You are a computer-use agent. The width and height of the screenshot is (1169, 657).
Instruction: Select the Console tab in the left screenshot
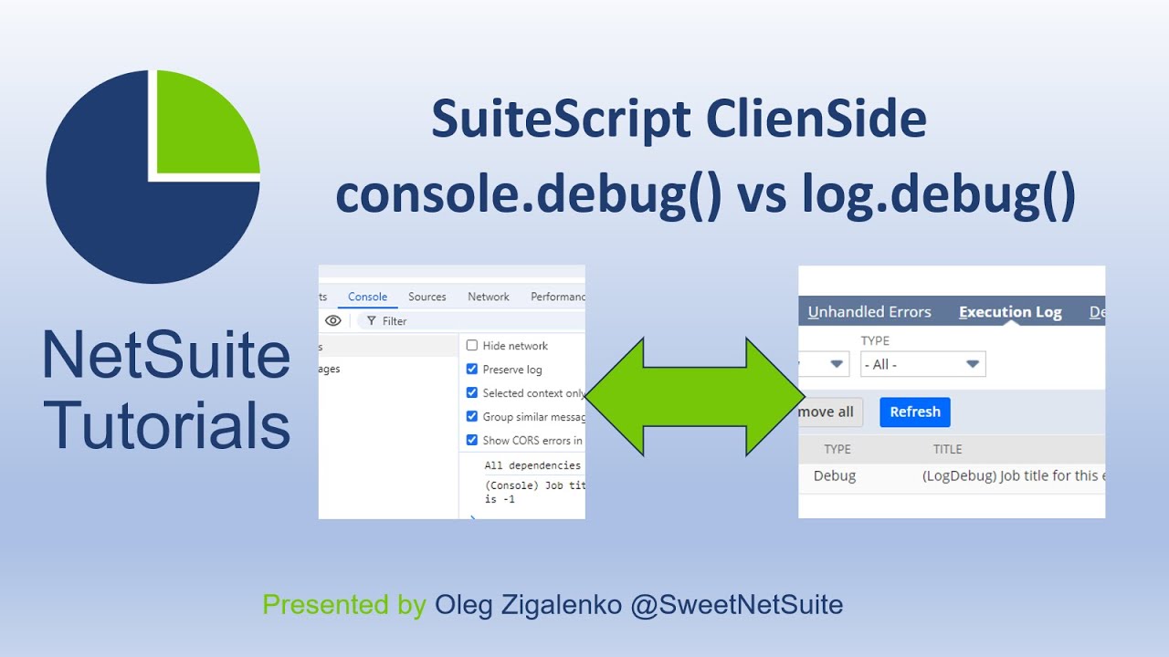[x=367, y=297]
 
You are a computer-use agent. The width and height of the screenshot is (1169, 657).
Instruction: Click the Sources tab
[x=427, y=297]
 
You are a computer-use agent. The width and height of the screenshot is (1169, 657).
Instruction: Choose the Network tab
[x=489, y=297]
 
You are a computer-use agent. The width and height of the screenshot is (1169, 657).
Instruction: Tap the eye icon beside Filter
[x=333, y=321]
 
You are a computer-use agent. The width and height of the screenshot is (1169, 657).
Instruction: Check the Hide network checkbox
[x=472, y=346]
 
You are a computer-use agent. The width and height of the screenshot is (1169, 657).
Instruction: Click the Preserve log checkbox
[x=472, y=370]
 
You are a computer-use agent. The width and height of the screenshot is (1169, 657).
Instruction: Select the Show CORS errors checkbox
[x=472, y=440]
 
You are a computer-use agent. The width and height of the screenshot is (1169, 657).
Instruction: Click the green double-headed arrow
[x=694, y=397]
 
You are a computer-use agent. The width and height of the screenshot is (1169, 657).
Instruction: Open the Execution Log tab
[x=1010, y=312]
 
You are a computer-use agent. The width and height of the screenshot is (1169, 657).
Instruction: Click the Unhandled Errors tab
[x=869, y=312]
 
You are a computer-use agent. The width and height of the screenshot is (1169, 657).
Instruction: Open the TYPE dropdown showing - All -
[x=922, y=364]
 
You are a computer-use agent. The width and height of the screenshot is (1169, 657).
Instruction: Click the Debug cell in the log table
[x=835, y=475]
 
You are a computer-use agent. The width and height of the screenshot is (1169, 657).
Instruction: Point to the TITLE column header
[x=947, y=449]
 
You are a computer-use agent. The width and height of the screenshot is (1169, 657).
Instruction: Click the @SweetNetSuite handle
[x=736, y=604]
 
